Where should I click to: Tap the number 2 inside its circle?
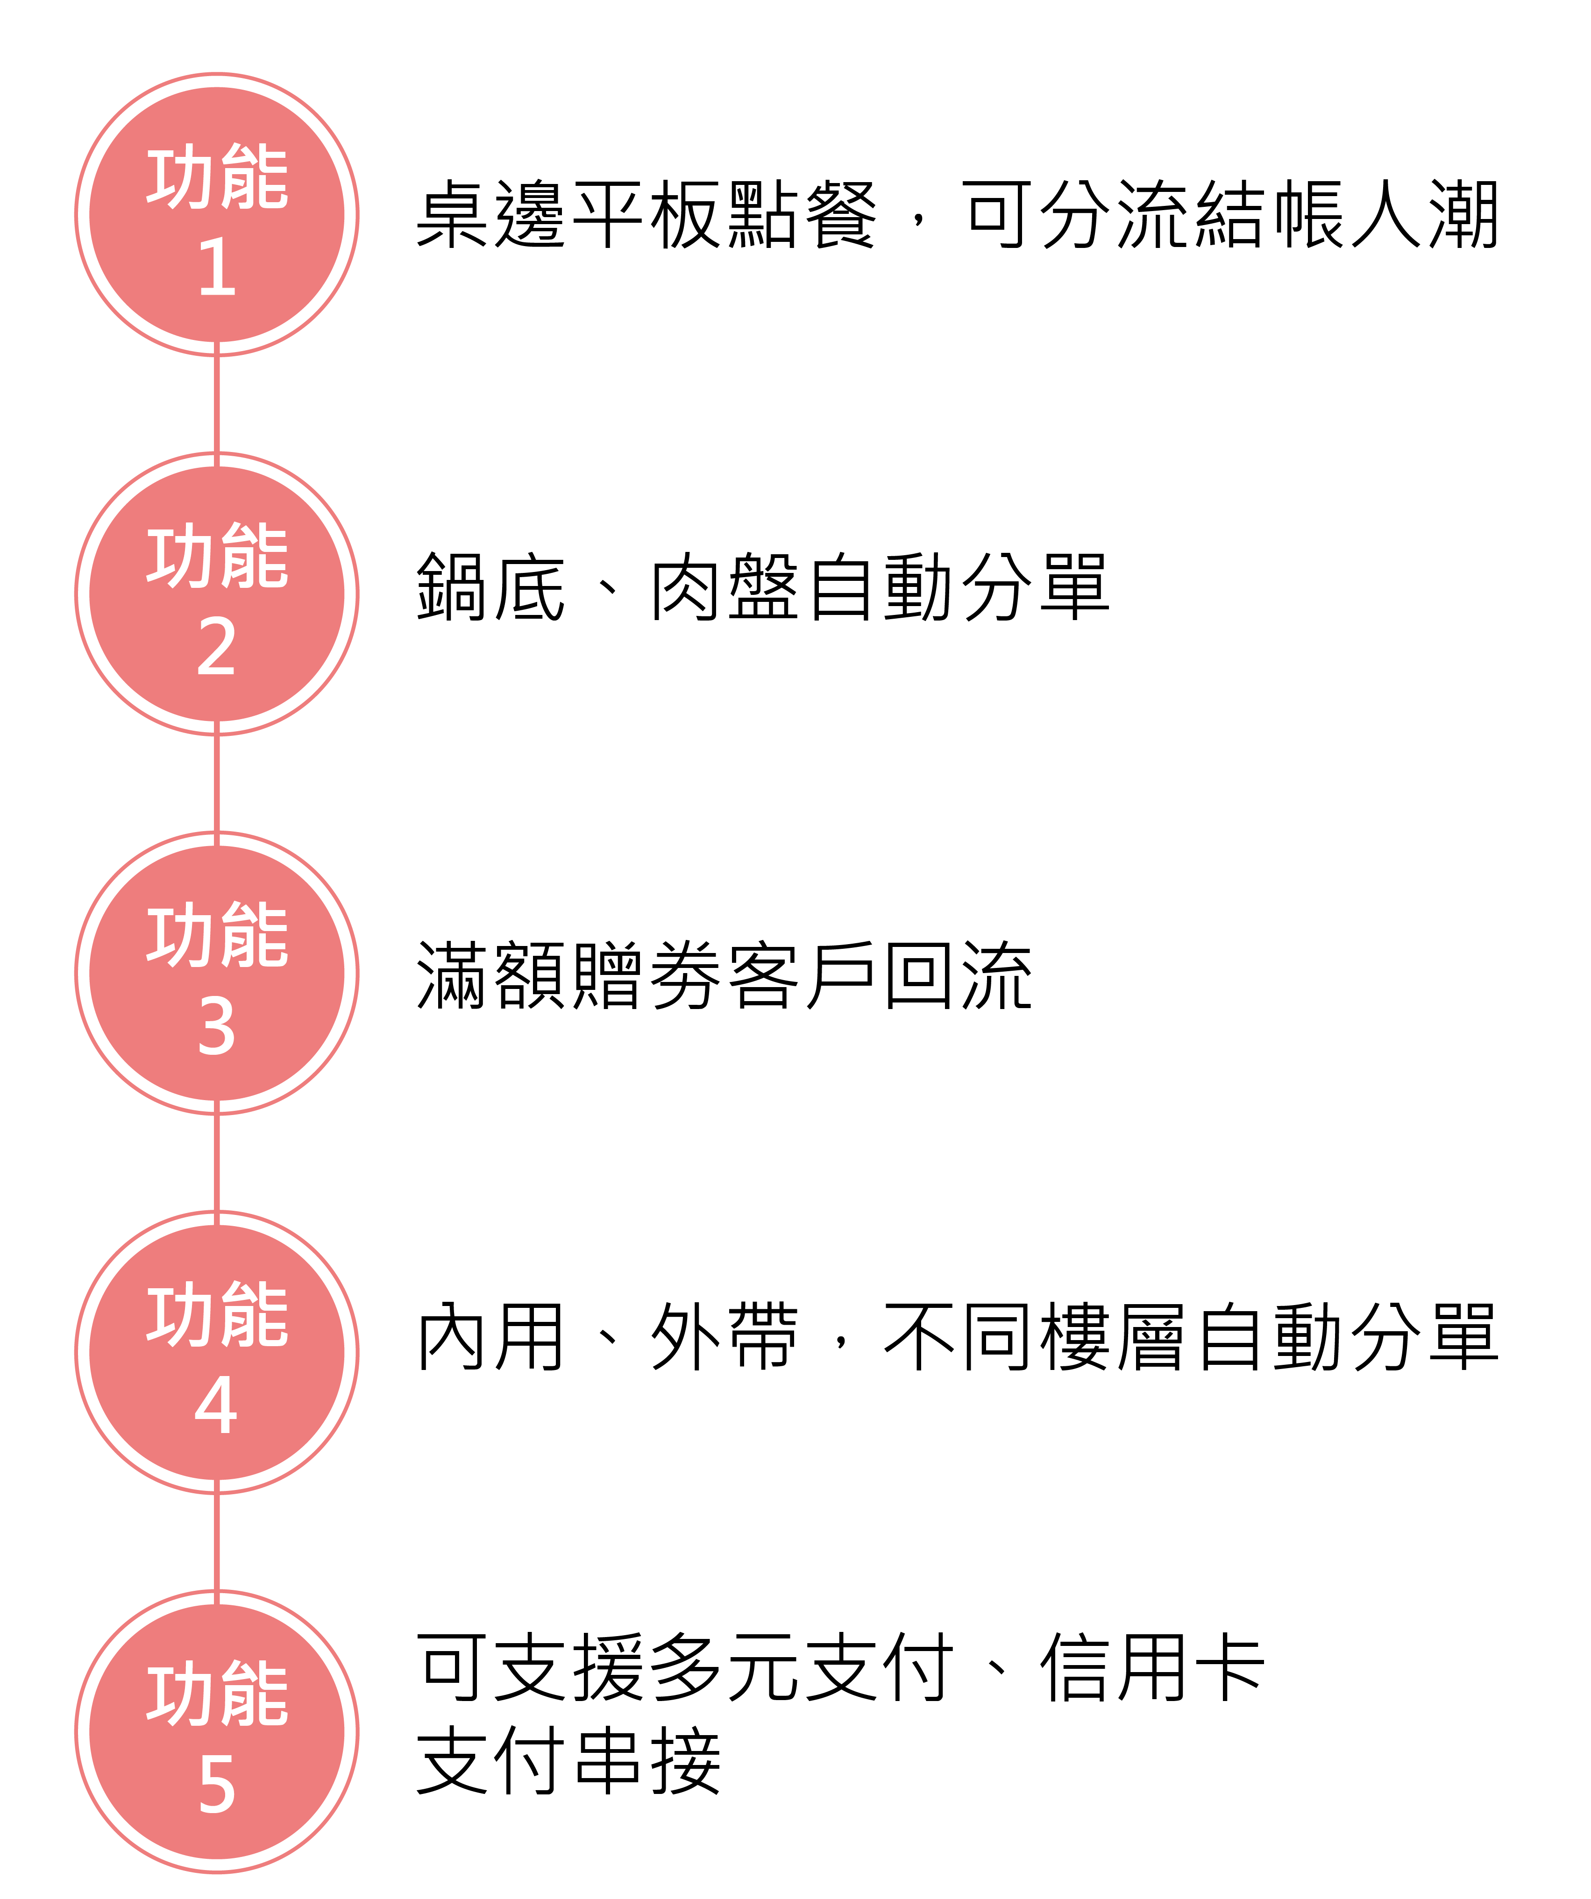click(x=217, y=648)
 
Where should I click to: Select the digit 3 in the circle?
click(x=217, y=1027)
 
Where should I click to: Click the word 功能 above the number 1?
click(x=217, y=177)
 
